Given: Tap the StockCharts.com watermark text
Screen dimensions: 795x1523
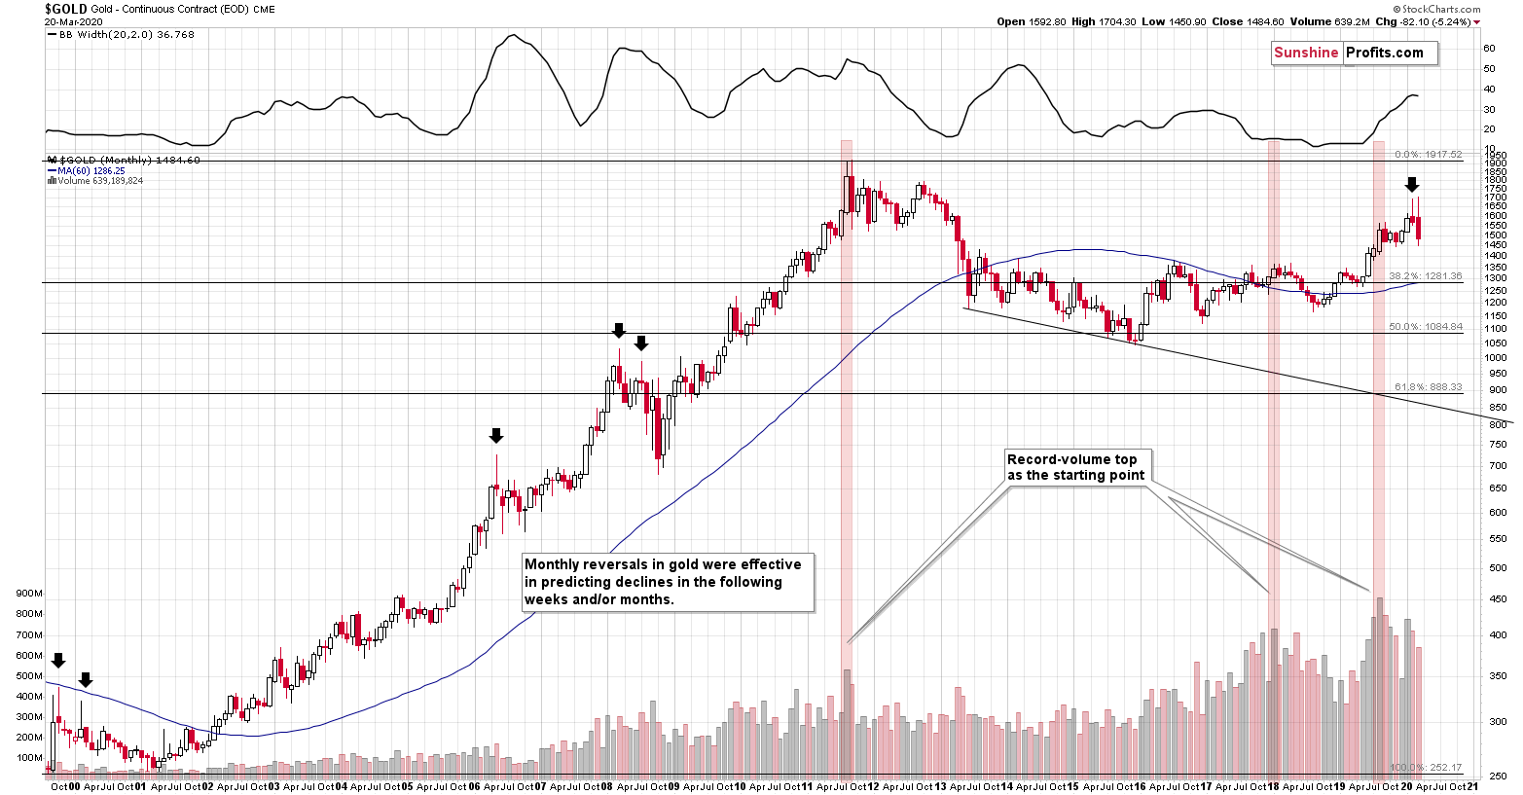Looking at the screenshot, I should pos(1441,9).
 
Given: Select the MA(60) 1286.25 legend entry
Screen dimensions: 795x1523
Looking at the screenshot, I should pos(85,170).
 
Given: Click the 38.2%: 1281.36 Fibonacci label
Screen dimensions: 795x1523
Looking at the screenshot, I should pos(1425,276).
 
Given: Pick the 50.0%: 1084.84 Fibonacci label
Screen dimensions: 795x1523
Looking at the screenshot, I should pos(1425,327).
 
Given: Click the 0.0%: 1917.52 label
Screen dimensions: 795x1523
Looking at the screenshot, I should pos(1428,155).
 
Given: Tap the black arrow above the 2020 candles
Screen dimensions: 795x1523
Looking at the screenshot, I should pos(1412,185).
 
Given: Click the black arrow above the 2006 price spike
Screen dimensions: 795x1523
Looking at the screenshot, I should pos(496,435).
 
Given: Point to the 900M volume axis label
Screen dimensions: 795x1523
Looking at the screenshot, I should pos(29,594).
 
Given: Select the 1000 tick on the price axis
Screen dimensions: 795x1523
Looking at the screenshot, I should pos(1496,359).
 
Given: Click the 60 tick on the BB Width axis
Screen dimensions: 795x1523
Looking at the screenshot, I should pos(1489,48).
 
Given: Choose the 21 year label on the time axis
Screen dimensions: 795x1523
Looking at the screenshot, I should pos(1472,786).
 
